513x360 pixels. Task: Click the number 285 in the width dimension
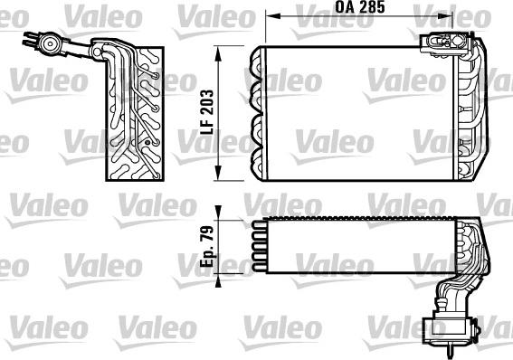[372, 7]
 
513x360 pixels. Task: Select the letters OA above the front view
[345, 7]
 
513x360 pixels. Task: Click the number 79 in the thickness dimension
[207, 233]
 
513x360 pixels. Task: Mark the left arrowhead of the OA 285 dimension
[272, 15]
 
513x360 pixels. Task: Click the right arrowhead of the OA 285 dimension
[446, 15]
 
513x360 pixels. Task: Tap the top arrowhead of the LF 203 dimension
[218, 53]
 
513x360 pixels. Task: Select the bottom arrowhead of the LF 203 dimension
[218, 173]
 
